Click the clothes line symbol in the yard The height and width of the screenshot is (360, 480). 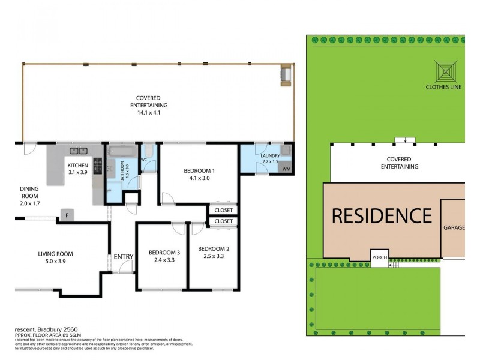pyautogui.click(x=445, y=71)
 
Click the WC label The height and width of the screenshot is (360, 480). pyautogui.click(x=144, y=160)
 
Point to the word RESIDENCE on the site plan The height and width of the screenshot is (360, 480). pyautogui.click(x=382, y=215)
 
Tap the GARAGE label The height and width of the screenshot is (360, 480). pyautogui.click(x=454, y=228)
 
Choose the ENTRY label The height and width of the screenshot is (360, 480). pyautogui.click(x=124, y=257)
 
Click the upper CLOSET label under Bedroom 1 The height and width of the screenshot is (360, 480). pyautogui.click(x=223, y=211)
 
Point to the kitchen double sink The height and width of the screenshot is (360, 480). pyautogui.click(x=78, y=151)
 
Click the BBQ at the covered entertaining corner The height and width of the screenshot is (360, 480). pyautogui.click(x=286, y=75)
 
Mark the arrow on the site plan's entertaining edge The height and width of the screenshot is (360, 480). pyautogui.click(x=406, y=141)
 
